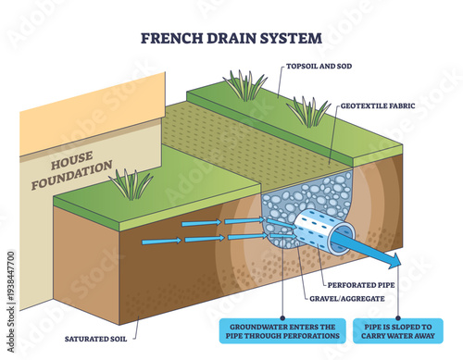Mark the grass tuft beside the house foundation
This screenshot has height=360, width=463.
tap(131, 185)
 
